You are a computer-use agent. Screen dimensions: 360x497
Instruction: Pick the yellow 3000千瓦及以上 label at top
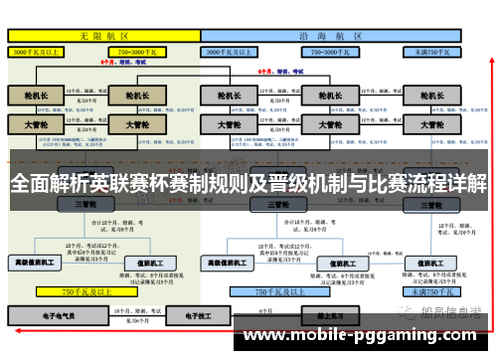click(x=39, y=51)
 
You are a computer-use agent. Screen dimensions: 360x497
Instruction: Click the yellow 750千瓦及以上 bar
click(x=83, y=291)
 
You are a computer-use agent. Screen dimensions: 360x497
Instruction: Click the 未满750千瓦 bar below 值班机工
click(x=426, y=291)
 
